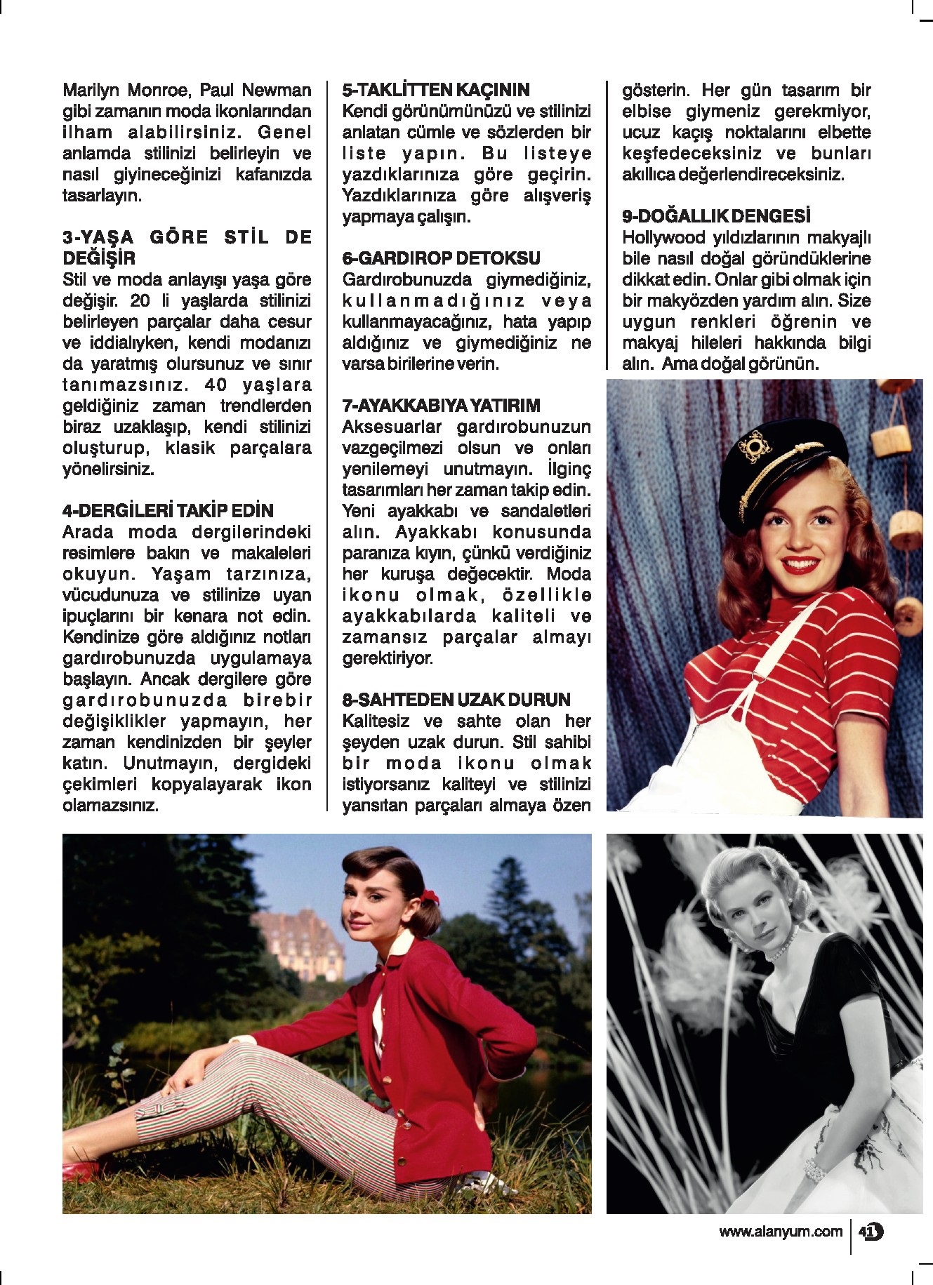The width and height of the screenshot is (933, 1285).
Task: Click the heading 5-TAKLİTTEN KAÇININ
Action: click(435, 90)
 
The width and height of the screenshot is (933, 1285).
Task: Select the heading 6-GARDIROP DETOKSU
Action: click(441, 258)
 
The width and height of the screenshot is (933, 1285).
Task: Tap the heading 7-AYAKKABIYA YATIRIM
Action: click(441, 406)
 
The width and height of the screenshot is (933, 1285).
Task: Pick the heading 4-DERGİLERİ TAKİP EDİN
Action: click(168, 510)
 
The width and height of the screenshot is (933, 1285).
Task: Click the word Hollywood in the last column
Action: click(662, 237)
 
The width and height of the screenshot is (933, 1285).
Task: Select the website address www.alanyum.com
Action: click(780, 1231)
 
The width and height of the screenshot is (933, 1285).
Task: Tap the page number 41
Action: click(870, 1231)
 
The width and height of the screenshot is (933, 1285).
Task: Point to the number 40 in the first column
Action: click(215, 385)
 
